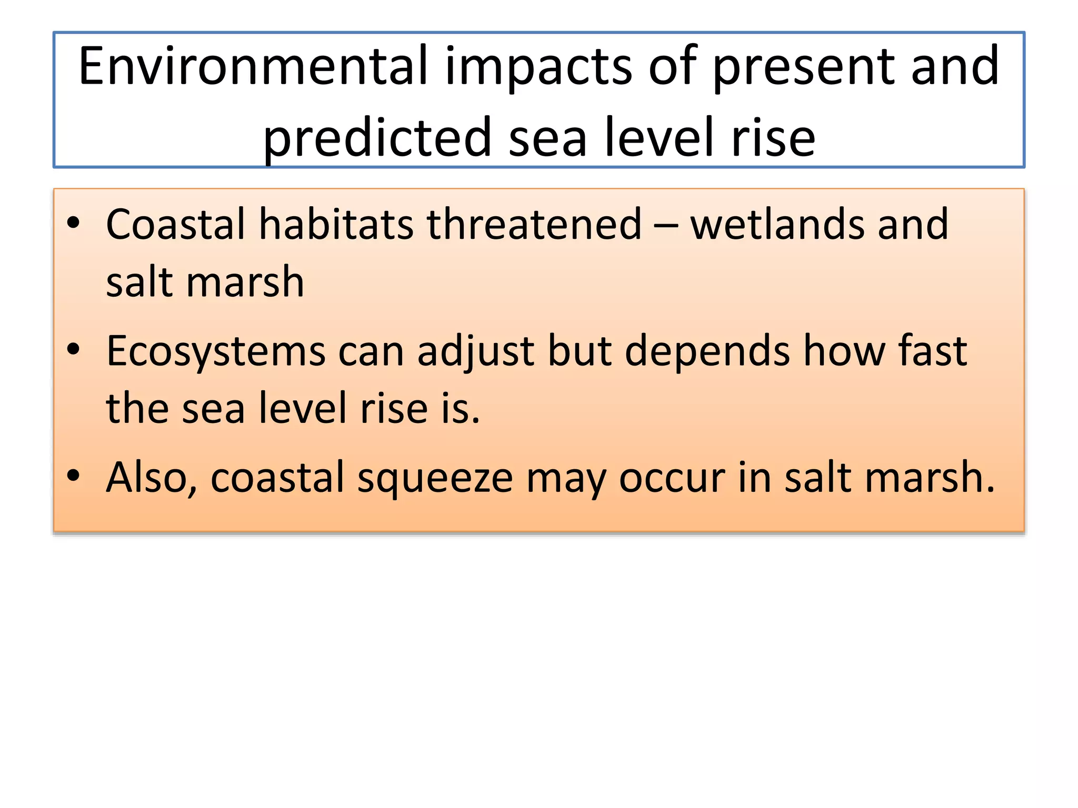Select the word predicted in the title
(377, 138)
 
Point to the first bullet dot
(73, 223)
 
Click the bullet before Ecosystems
(73, 349)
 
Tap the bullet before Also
(73, 475)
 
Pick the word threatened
(534, 225)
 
